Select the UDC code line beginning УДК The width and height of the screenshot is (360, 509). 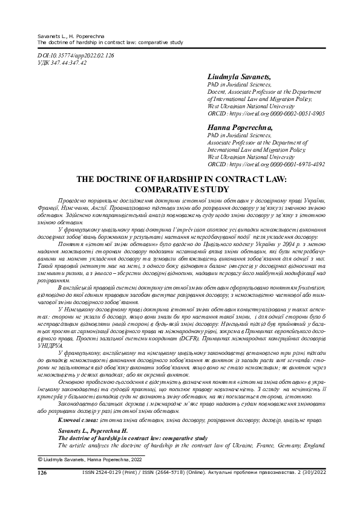point(62,62)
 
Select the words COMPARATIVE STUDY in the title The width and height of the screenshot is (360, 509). point(179,189)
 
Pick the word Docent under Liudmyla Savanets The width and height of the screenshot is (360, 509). point(218,92)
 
